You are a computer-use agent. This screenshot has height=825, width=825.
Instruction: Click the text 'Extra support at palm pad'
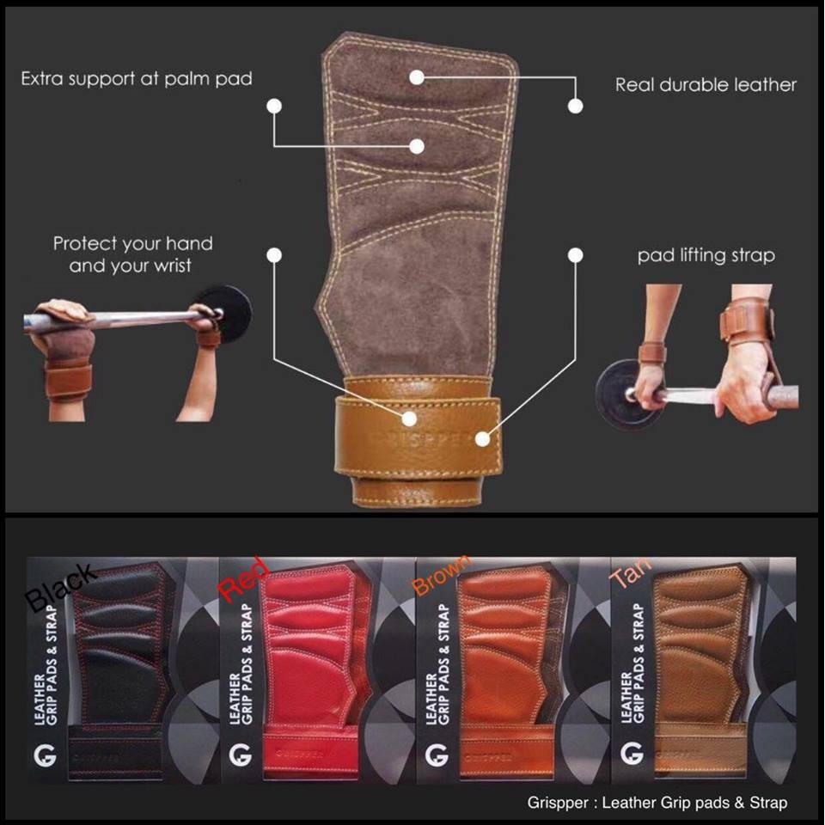pyautogui.click(x=137, y=79)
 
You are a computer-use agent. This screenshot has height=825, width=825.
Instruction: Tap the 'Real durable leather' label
pyautogui.click(x=706, y=85)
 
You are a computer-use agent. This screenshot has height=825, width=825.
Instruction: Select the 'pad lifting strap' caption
pyautogui.click(x=706, y=256)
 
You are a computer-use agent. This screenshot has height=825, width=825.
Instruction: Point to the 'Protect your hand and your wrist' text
pyautogui.click(x=132, y=254)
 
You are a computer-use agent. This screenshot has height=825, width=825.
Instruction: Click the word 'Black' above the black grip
pyautogui.click(x=60, y=588)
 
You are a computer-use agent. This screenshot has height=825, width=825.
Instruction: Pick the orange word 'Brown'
pyautogui.click(x=442, y=575)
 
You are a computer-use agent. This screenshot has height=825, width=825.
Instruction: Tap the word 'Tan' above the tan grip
pyautogui.click(x=630, y=572)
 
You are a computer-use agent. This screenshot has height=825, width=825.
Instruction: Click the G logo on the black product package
pyautogui.click(x=45, y=755)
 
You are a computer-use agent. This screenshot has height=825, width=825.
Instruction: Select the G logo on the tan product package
pyautogui.click(x=632, y=753)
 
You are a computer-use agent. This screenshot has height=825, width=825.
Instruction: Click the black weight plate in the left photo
pyautogui.click(x=225, y=315)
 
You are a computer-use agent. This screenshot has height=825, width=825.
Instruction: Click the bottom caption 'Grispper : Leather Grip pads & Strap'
pyautogui.click(x=657, y=803)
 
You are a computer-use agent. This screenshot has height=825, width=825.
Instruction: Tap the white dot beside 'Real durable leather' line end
pyautogui.click(x=576, y=107)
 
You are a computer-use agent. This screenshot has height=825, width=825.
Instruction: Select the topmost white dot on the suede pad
pyautogui.click(x=417, y=78)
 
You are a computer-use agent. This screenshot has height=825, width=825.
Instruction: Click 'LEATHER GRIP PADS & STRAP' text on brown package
pyautogui.click(x=437, y=664)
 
